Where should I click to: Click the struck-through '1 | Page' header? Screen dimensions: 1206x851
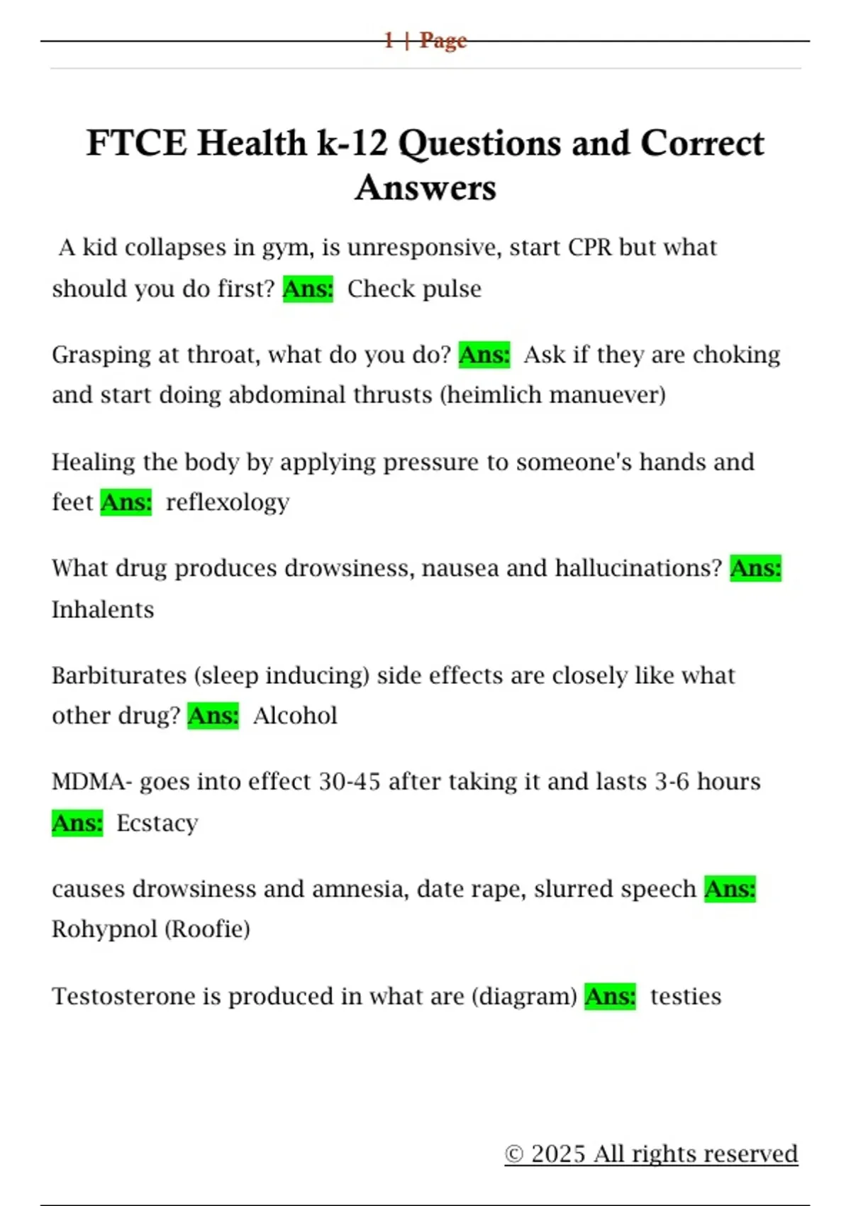click(425, 40)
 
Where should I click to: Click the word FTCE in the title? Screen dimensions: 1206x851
click(136, 143)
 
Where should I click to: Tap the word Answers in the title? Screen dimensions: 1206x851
click(425, 188)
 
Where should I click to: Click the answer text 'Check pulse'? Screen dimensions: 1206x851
click(414, 289)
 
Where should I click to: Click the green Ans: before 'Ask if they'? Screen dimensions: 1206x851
click(484, 355)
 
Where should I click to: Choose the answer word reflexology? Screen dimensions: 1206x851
click(228, 502)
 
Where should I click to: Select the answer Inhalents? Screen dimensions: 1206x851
click(103, 609)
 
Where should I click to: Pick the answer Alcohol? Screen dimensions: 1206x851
click(295, 716)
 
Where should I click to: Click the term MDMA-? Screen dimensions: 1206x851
click(92, 782)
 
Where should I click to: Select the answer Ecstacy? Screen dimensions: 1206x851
click(157, 823)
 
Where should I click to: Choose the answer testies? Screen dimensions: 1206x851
click(686, 996)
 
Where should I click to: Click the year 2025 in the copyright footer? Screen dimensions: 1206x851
click(558, 1154)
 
